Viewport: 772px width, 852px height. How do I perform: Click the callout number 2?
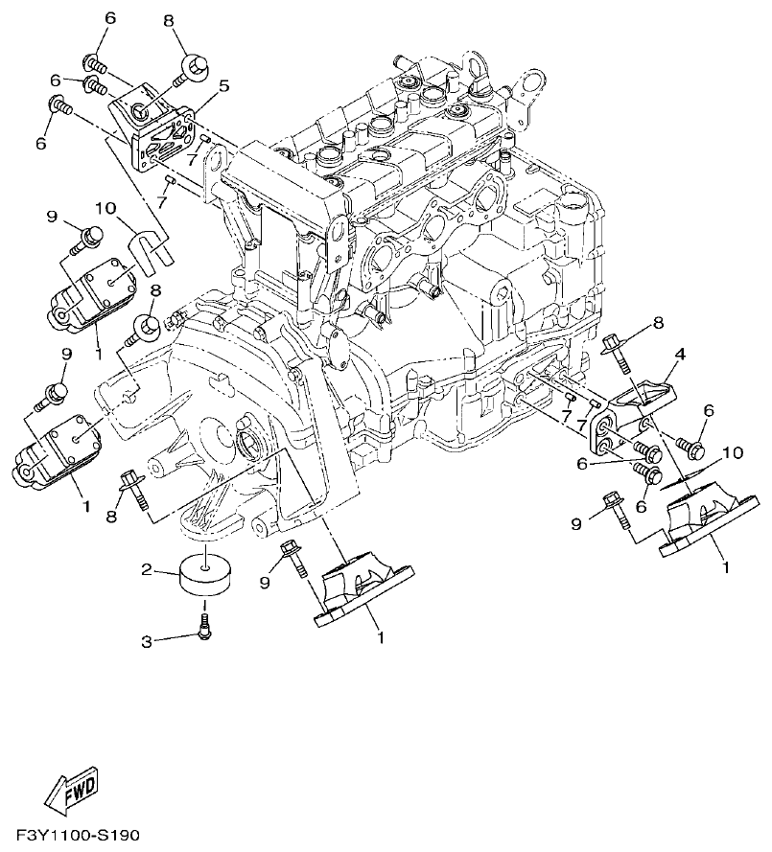(148, 569)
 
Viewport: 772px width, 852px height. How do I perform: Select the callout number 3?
(148, 641)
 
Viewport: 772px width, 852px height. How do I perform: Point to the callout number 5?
(223, 86)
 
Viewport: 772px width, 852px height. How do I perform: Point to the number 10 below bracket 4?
(732, 451)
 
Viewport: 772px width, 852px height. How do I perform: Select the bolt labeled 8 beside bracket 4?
(619, 351)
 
